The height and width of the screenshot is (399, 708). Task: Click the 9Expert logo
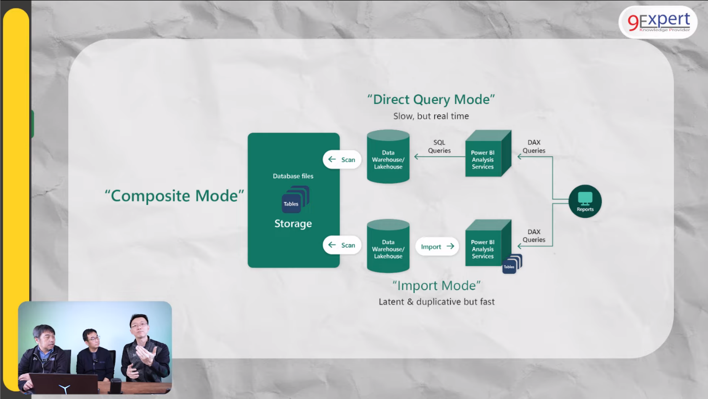point(658,22)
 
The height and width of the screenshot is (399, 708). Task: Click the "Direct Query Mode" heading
point(431,99)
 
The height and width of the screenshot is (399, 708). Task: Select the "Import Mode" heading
point(437,286)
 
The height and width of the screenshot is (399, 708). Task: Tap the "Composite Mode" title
point(175,196)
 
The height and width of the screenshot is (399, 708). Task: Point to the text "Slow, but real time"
point(431,116)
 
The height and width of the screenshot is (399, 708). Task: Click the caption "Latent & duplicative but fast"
point(437,301)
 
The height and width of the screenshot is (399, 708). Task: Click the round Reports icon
point(585,201)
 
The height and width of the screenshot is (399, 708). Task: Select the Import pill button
point(437,247)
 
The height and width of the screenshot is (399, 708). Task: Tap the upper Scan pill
point(342,160)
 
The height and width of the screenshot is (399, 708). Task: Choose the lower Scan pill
point(342,245)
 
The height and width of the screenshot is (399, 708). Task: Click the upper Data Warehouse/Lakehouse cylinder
point(388,157)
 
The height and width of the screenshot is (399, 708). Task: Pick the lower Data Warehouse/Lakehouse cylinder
point(388,247)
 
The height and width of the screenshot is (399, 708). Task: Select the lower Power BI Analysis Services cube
point(485,245)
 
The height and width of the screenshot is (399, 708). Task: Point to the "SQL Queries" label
point(440,147)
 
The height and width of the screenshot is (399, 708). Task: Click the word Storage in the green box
point(293,224)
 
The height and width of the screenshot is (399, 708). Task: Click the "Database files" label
point(293,176)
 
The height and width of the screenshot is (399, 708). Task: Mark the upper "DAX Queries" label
point(534,147)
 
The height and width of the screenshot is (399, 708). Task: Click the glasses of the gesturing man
point(139,326)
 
